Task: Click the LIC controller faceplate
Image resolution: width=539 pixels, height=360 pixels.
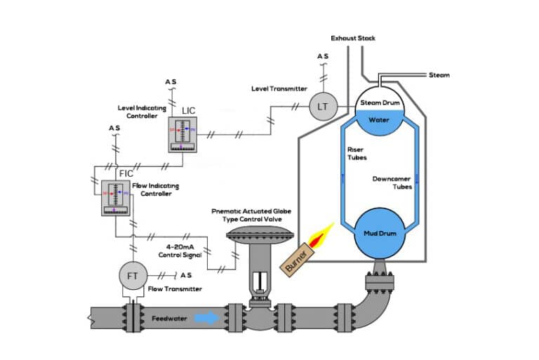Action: pyautogui.click(x=182, y=133)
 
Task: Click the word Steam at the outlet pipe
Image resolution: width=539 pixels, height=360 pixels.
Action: pyautogui.click(x=439, y=75)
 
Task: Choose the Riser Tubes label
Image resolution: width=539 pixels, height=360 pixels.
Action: pyautogui.click(x=358, y=153)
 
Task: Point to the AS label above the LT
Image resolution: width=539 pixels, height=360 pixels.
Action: pyautogui.click(x=323, y=55)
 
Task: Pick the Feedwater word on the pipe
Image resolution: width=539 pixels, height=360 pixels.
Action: pyautogui.click(x=169, y=319)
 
